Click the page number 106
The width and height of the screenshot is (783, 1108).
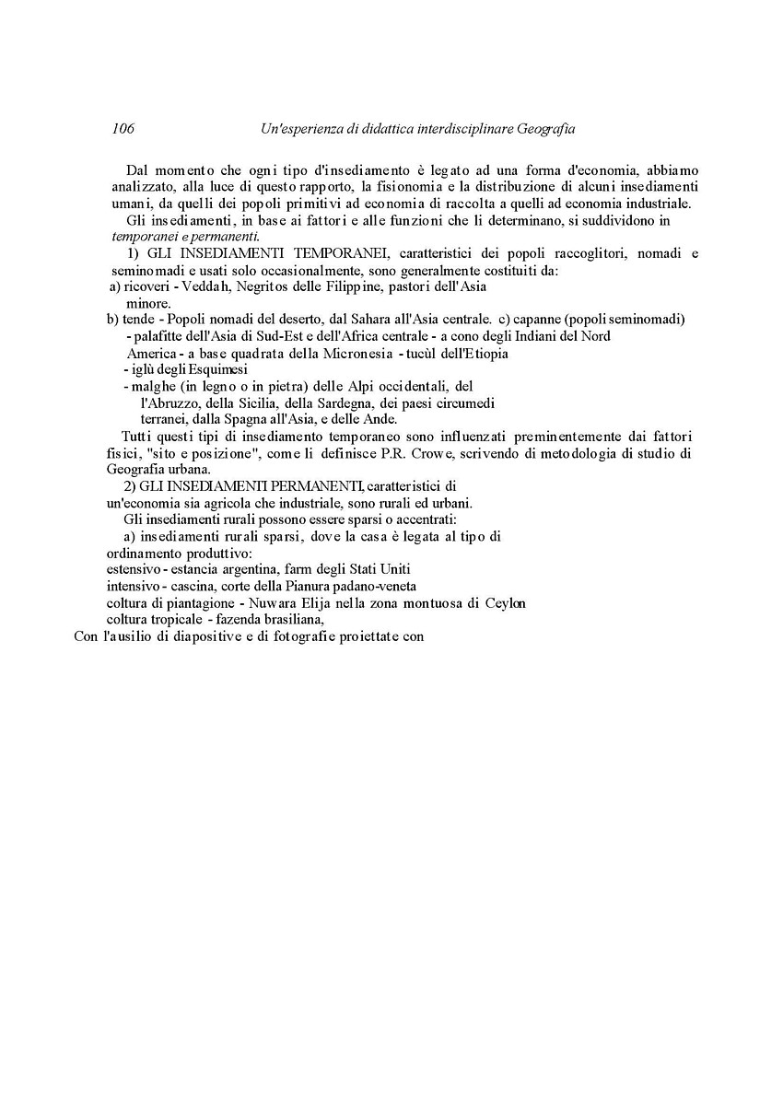(x=123, y=130)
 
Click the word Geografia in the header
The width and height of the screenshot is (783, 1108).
(x=544, y=130)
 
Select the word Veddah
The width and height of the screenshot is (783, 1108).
(x=206, y=286)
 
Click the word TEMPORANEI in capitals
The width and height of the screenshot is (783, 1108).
(x=289, y=253)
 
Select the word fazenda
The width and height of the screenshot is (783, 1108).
(x=240, y=619)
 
